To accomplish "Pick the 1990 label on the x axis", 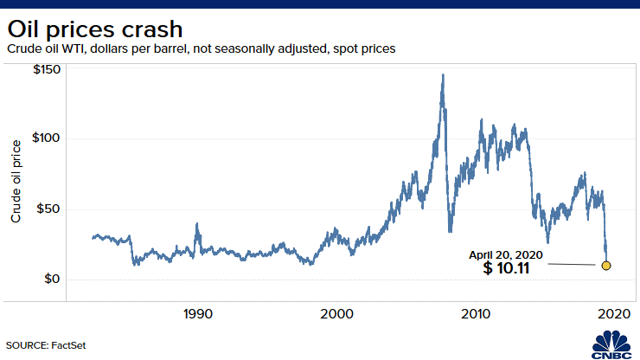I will click(x=198, y=313).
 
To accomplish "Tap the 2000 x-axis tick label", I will click(x=337, y=313).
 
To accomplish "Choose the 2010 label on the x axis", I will click(x=476, y=313).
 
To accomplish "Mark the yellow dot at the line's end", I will click(x=605, y=265).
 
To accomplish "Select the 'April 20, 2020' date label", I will click(x=506, y=254).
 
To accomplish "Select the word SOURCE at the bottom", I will click(x=26, y=345).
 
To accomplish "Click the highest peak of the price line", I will click(x=443, y=75).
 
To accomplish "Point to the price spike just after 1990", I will click(x=197, y=224).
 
